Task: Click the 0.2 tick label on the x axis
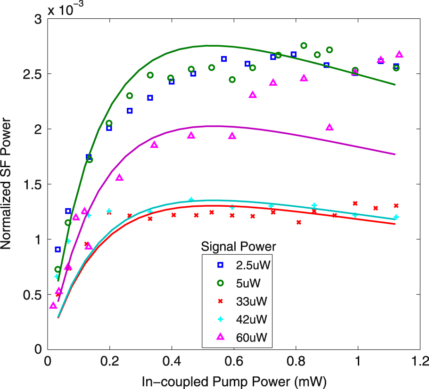(109, 363)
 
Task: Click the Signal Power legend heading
(238, 246)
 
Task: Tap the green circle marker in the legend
(220, 283)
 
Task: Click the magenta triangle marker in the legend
(220, 336)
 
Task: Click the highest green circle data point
(304, 46)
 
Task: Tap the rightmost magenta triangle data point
(399, 54)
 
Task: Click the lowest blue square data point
(58, 249)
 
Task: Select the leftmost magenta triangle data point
(53, 306)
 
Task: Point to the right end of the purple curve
(395, 154)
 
